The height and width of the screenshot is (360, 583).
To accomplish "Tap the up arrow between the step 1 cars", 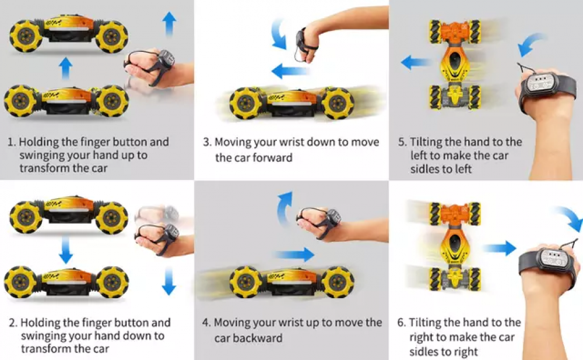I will coord(66,69).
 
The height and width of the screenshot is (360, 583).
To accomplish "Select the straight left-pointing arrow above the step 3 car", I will coord(290,72).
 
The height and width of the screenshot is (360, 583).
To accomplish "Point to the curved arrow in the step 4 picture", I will coord(285,209).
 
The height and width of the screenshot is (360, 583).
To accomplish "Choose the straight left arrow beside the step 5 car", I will coord(415,62).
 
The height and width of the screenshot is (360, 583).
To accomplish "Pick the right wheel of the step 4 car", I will coord(336,281).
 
